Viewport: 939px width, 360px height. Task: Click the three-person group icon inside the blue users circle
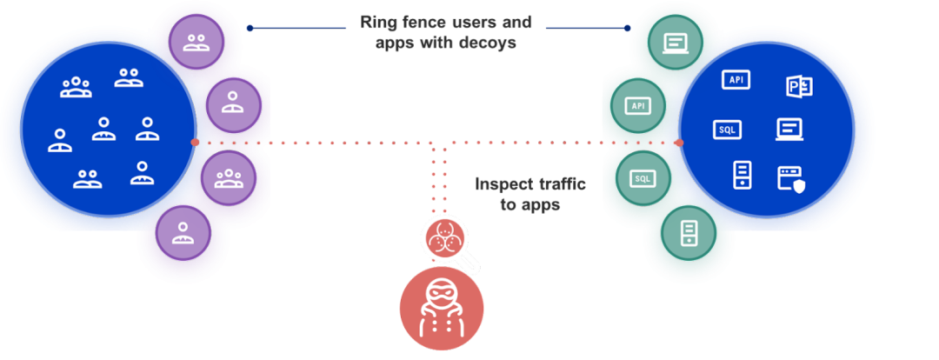pyautogui.click(x=76, y=86)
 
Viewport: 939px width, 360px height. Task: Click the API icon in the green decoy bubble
pyautogui.click(x=638, y=106)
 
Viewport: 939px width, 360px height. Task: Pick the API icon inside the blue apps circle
pyautogui.click(x=736, y=80)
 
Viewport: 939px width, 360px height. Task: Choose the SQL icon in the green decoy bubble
pyautogui.click(x=642, y=178)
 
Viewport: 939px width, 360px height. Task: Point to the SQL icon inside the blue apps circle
pyautogui.click(x=727, y=129)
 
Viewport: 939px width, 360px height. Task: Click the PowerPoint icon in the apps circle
pyautogui.click(x=798, y=85)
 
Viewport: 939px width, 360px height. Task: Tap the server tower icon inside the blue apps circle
pyautogui.click(x=741, y=175)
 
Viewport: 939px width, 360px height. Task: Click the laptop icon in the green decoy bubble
pyautogui.click(x=675, y=42)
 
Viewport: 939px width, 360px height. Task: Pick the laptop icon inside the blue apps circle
pyautogui.click(x=789, y=130)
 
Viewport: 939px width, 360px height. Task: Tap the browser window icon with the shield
pyautogui.click(x=790, y=178)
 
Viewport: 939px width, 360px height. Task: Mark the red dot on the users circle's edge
pyautogui.click(x=195, y=142)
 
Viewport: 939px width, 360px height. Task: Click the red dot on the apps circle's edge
pyautogui.click(x=680, y=143)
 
